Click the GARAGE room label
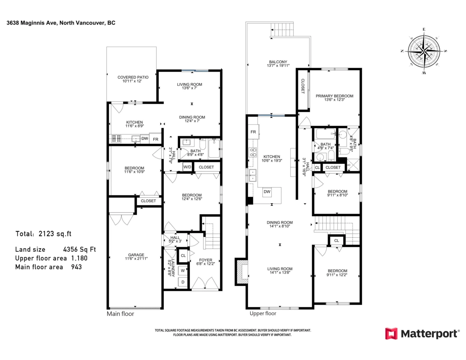coord(136,255)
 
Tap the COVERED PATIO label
coord(133,77)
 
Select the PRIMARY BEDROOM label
coord(334,96)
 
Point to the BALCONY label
coord(278,62)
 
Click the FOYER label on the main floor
coord(205,260)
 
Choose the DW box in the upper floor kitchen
coord(267,192)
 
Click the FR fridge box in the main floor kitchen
coord(155,139)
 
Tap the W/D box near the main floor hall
coord(187,167)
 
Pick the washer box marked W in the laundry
coord(183,271)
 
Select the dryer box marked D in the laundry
coord(183,282)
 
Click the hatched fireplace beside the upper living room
coord(242,272)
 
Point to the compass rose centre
coord(424,51)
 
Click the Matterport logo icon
coord(391,334)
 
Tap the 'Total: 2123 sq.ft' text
coord(43,234)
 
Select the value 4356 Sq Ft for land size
coord(80,249)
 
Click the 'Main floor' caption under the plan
coord(120,314)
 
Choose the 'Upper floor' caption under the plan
coord(263,313)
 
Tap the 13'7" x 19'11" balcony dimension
coord(278,66)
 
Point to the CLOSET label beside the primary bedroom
coord(303,86)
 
